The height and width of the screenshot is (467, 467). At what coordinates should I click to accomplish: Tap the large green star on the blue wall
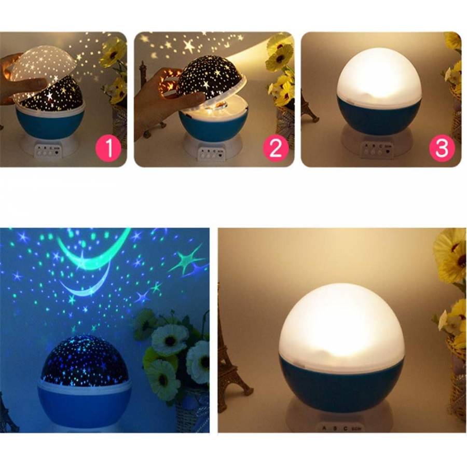(187, 259)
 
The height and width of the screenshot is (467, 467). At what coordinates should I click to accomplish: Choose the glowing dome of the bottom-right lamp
(341, 322)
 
